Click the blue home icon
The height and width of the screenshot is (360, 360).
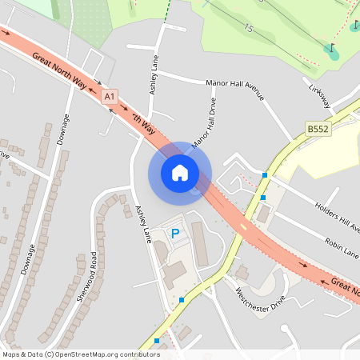[x=180, y=172]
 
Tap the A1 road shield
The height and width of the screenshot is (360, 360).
[x=110, y=96]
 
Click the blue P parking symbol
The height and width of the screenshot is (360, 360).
[x=175, y=234]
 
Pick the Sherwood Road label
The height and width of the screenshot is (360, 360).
[x=83, y=277]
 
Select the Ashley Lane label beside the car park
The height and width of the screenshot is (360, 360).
[x=142, y=225]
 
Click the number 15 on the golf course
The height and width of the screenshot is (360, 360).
[x=249, y=29]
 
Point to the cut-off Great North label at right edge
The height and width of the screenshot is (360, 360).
[x=346, y=285]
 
